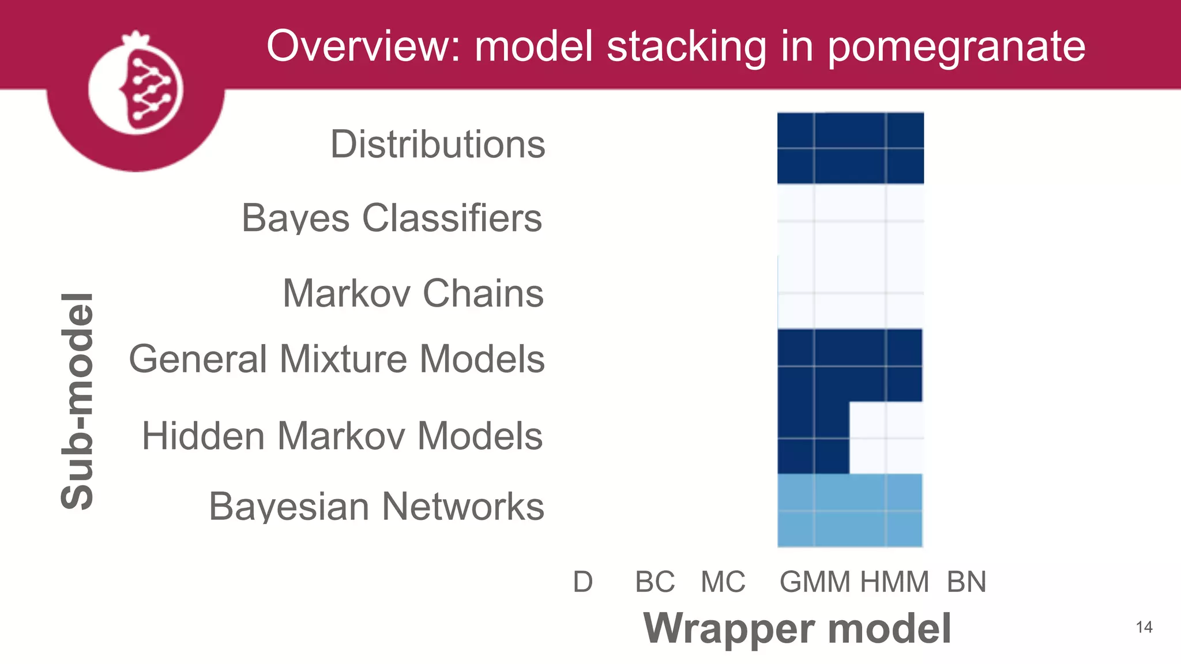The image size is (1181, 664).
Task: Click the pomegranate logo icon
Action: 136,86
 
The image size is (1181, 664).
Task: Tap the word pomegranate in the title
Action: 956,47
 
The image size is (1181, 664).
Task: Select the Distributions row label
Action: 437,144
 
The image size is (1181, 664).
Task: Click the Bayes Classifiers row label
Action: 392,218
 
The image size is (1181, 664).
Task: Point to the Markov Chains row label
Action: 413,293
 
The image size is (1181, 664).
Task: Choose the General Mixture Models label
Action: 336,359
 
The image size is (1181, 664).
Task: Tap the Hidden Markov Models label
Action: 342,435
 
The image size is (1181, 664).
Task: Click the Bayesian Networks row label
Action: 376,506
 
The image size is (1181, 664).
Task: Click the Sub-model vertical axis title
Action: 77,401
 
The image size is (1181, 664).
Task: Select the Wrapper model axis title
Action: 797,628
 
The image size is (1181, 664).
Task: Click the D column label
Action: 582,582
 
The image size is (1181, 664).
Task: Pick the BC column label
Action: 655,582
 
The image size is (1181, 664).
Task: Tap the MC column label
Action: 723,582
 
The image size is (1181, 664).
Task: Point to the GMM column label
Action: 815,582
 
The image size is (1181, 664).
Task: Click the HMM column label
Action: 894,582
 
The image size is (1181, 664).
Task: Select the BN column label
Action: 966,582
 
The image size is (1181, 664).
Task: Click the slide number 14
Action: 1144,627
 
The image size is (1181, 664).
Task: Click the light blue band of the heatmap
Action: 850,510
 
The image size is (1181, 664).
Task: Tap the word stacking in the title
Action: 686,47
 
